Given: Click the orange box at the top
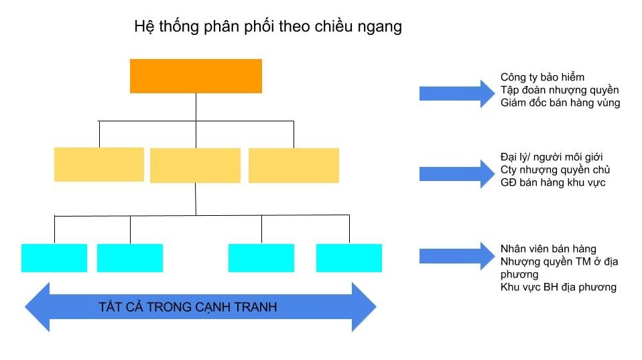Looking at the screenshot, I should pyautogui.click(x=196, y=76).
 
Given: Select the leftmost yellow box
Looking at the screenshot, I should pyautogui.click(x=99, y=164).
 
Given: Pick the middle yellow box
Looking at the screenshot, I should pyautogui.click(x=195, y=166).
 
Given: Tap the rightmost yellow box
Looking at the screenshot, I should pyautogui.click(x=294, y=166).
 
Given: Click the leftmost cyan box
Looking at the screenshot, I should pyautogui.click(x=54, y=258).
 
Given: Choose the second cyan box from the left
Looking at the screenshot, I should pyautogui.click(x=130, y=258).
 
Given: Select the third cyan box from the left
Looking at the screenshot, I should pyautogui.click(x=261, y=258).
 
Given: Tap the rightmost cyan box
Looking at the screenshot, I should pyautogui.click(x=349, y=258).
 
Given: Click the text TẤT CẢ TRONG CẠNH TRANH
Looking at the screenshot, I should pyautogui.click(x=188, y=308).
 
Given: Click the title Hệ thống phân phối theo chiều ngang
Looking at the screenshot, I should pyautogui.click(x=268, y=27).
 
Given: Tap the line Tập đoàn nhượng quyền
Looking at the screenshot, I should pyautogui.click(x=560, y=90).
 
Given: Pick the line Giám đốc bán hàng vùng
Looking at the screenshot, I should pyautogui.click(x=560, y=103).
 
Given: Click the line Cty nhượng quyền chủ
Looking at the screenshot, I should pyautogui.click(x=556, y=170).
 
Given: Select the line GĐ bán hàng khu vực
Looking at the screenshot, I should pyautogui.click(x=553, y=182).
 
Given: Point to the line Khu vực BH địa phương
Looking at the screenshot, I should pyautogui.click(x=558, y=287).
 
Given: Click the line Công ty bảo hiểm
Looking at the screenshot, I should pyautogui.click(x=542, y=77).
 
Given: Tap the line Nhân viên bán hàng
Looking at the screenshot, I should pyautogui.click(x=548, y=249).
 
